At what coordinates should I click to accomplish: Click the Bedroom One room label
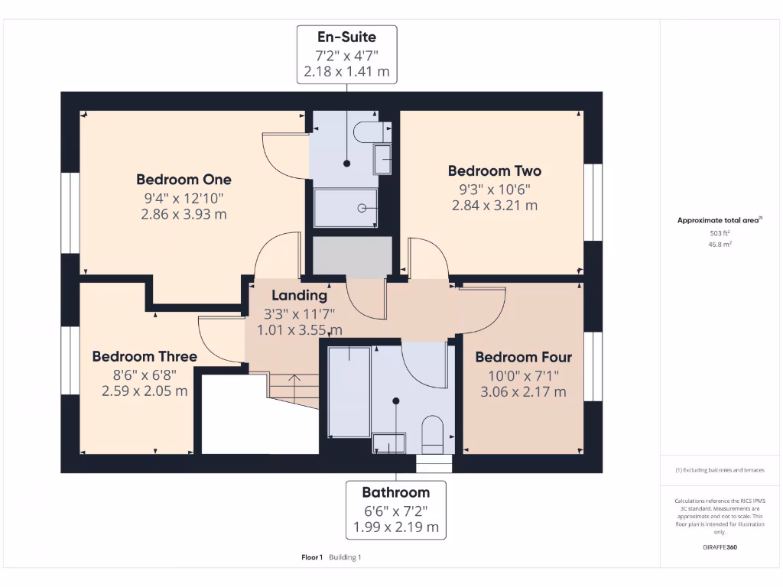[184, 180]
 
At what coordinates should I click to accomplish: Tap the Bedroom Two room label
[495, 170]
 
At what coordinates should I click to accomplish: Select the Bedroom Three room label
[145, 356]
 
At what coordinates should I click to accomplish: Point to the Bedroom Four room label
[523, 357]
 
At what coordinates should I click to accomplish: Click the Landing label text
[299, 295]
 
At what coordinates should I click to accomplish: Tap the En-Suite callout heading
[346, 36]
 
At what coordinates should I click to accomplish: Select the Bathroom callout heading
[395, 492]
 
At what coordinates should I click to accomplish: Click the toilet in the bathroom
[432, 434]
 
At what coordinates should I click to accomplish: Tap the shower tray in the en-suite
[346, 207]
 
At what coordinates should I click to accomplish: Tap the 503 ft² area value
[720, 232]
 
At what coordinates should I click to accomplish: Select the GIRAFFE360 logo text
[720, 547]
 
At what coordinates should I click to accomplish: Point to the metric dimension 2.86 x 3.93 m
[184, 215]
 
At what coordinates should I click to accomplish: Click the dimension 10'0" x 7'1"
[523, 375]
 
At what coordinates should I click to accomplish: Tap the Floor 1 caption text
[312, 557]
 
